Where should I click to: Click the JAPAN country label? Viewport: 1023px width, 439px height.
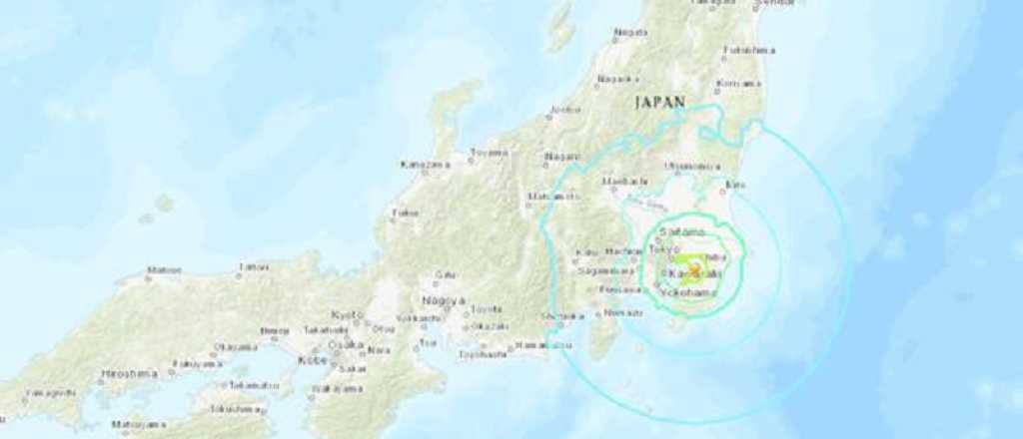pos(659,102)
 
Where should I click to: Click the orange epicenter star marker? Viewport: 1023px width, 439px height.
pos(695,270)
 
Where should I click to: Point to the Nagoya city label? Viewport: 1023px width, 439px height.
pos(443,299)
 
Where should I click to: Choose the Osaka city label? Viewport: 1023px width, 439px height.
pos(347,343)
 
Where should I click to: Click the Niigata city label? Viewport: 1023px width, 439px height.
pos(630,33)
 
